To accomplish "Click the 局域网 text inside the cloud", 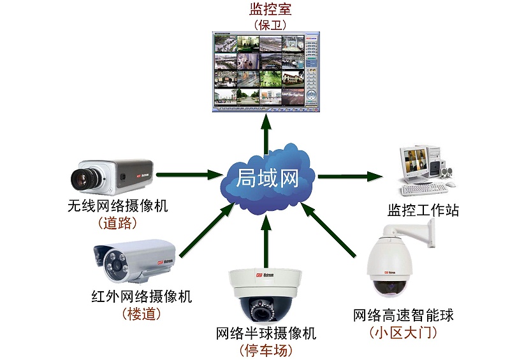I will tap(268, 176).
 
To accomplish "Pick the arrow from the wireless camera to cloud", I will tap(186, 173).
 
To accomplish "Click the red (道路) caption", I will tap(119, 224).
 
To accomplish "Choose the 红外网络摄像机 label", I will tap(142, 296).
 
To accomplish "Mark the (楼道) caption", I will tap(141, 313).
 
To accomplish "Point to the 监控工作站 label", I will tap(423, 210).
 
